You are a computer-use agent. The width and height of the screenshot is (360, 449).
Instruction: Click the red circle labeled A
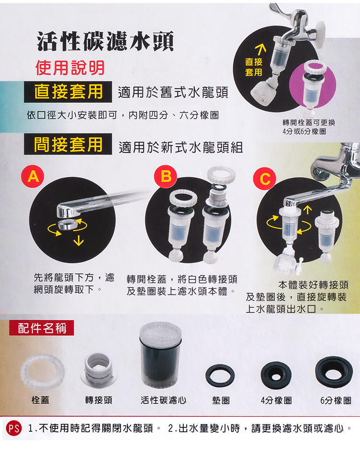click(x=33, y=177)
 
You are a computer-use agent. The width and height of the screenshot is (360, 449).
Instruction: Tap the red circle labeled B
click(x=166, y=177)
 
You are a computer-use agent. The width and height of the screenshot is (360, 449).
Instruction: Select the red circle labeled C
click(x=264, y=178)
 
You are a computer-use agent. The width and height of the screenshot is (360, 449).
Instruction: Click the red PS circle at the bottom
click(x=13, y=428)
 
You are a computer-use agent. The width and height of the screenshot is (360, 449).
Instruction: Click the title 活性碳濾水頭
click(x=105, y=42)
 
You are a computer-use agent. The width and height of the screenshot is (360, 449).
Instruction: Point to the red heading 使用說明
click(x=70, y=68)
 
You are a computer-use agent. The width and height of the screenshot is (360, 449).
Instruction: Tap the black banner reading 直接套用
click(x=68, y=92)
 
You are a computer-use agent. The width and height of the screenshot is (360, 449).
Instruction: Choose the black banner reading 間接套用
click(x=68, y=144)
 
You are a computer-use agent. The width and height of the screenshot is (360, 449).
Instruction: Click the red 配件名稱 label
click(x=42, y=328)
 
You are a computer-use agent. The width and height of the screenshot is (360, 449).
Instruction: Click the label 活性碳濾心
click(x=163, y=400)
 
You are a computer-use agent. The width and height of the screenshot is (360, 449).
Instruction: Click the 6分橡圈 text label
click(x=336, y=401)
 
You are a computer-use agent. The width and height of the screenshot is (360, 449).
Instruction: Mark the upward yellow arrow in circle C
click(x=307, y=210)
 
